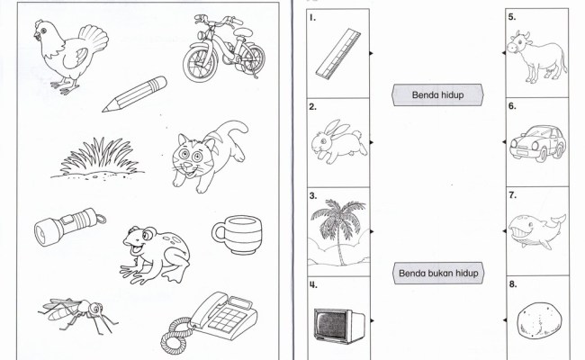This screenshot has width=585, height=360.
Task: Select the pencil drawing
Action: pyautogui.click(x=134, y=94)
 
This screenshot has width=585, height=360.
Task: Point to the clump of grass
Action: pyautogui.click(x=97, y=158)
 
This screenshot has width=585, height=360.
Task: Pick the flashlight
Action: pyautogui.click(x=69, y=227)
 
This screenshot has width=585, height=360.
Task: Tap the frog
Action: pyautogui.click(x=155, y=255)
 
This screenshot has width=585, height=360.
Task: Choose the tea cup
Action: pyautogui.click(x=238, y=235)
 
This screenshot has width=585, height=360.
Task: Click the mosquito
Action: pyautogui.click(x=78, y=314)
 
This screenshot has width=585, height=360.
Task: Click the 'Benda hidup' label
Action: pyautogui.click(x=437, y=94)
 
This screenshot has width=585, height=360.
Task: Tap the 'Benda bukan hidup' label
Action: pyautogui.click(x=438, y=273)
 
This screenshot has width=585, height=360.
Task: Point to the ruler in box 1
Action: pyautogui.click(x=338, y=54)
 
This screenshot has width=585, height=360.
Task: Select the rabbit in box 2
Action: pyautogui.click(x=338, y=142)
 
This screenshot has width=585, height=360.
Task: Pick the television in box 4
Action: pyautogui.click(x=338, y=325)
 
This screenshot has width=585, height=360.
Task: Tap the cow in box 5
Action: pyautogui.click(x=536, y=56)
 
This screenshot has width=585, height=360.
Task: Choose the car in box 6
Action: pyautogui.click(x=538, y=143)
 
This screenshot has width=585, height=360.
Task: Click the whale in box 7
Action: pyautogui.click(x=536, y=231)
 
